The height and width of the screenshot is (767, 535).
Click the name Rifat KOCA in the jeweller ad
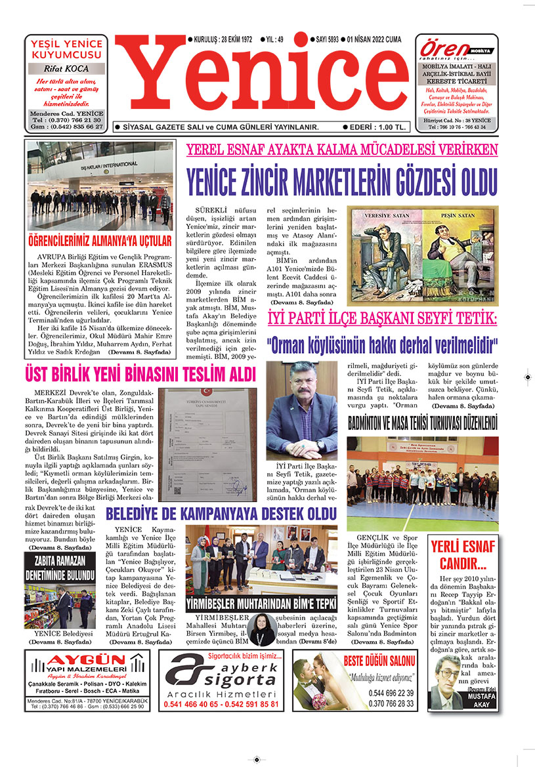(x=66, y=69)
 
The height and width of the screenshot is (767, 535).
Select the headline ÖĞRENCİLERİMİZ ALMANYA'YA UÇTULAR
(x=100, y=240)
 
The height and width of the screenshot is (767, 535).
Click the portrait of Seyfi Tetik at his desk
(x=301, y=410)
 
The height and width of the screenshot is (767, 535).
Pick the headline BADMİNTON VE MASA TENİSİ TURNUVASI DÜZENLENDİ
(x=422, y=423)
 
